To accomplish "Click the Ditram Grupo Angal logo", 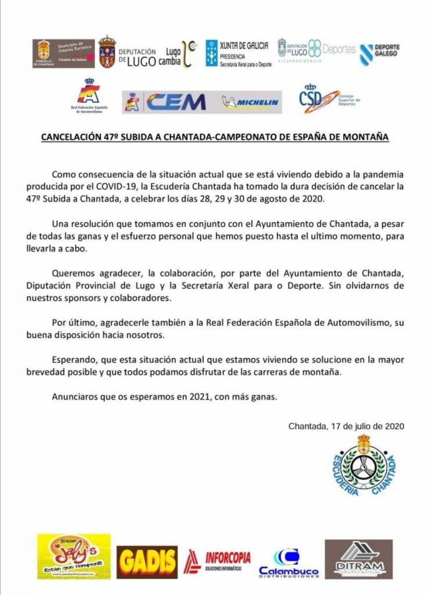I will pos(358,559).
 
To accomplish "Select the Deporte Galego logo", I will pos(379,54).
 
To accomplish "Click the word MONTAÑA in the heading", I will pos(365,138).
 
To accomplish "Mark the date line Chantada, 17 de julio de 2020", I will pos(346,425).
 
